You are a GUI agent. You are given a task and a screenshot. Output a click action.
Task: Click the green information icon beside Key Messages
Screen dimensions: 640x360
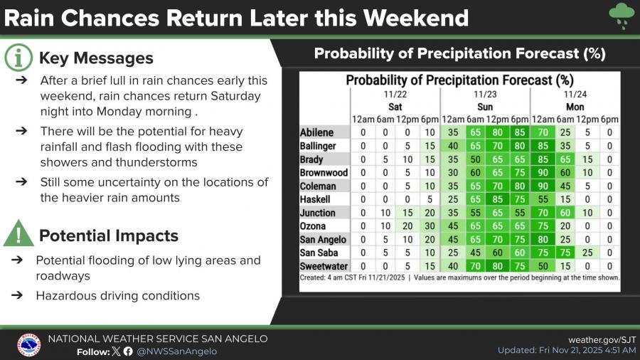(18, 58)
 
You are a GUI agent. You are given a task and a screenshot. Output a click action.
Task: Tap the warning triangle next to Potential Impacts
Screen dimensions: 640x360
(18, 233)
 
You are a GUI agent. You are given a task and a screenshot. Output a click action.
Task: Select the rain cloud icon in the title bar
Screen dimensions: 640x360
(622, 16)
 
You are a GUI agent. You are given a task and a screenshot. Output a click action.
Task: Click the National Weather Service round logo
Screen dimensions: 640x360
(28, 345)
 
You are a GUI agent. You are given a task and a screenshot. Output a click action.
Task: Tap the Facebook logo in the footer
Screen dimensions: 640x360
(128, 351)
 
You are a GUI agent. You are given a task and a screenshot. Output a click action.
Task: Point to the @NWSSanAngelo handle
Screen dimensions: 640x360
(177, 351)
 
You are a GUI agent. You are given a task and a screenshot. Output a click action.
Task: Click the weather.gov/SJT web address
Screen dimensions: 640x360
(602, 339)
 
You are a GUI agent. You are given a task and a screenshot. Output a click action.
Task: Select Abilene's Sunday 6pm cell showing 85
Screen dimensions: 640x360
(520, 132)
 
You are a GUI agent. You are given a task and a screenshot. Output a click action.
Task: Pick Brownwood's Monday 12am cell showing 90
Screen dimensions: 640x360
(543, 172)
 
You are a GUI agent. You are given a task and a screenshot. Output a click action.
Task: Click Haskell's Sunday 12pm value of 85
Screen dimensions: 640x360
(497, 199)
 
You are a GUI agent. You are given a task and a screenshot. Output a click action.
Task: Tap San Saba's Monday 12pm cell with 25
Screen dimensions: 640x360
(587, 253)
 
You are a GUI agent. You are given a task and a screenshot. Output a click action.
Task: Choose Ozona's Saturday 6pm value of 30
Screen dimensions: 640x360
(430, 226)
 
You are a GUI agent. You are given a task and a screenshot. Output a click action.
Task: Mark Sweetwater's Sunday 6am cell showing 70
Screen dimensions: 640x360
(475, 266)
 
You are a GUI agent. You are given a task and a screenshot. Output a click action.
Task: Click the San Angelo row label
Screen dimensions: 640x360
(323, 239)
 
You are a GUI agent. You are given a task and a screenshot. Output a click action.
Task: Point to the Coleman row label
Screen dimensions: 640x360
(318, 186)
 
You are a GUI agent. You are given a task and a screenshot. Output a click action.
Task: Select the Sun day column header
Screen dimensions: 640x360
(485, 107)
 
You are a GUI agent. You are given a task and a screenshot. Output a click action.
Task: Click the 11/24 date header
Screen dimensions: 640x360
(575, 95)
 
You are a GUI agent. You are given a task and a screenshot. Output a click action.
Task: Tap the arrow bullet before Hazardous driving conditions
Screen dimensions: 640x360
(17, 295)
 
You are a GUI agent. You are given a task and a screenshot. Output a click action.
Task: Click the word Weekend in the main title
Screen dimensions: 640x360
(415, 18)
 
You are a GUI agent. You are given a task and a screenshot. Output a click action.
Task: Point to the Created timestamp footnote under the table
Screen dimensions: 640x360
(352, 277)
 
